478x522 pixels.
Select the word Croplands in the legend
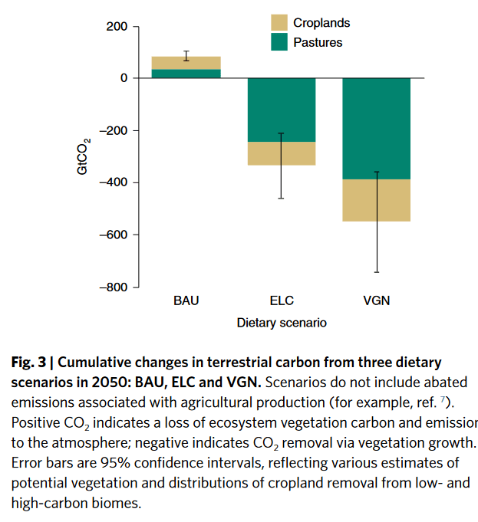321,24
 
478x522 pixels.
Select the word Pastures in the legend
318,42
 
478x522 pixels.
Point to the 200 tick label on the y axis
117,27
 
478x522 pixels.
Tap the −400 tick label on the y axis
114,182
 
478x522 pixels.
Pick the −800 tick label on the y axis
114,287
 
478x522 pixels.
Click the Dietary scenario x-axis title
282,323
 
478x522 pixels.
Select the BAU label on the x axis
186,300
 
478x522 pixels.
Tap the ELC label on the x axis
282,300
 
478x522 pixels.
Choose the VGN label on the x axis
376,300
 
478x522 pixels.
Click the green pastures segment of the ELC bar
282,110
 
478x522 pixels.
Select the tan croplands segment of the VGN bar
376,200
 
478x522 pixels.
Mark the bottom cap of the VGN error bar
376,272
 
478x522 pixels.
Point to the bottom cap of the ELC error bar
282,199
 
